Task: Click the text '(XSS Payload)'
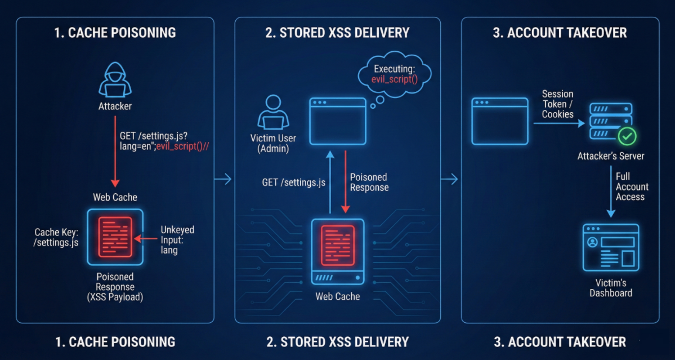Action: pyautogui.click(x=115, y=297)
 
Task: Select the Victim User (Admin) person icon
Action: pyautogui.click(x=273, y=113)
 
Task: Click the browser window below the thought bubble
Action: pyautogui.click(x=337, y=121)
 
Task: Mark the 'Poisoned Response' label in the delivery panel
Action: pyautogui.click(x=369, y=182)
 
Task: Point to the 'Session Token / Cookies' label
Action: pyautogui.click(x=557, y=104)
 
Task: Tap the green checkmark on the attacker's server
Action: pyautogui.click(x=626, y=136)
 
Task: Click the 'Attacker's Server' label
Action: pyautogui.click(x=611, y=156)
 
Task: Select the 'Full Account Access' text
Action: pyautogui.click(x=632, y=186)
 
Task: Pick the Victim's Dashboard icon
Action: pyautogui.click(x=611, y=248)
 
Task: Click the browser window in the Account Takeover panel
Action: pyautogui.click(x=500, y=121)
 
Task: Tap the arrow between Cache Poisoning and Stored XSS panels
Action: pyautogui.click(x=223, y=180)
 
